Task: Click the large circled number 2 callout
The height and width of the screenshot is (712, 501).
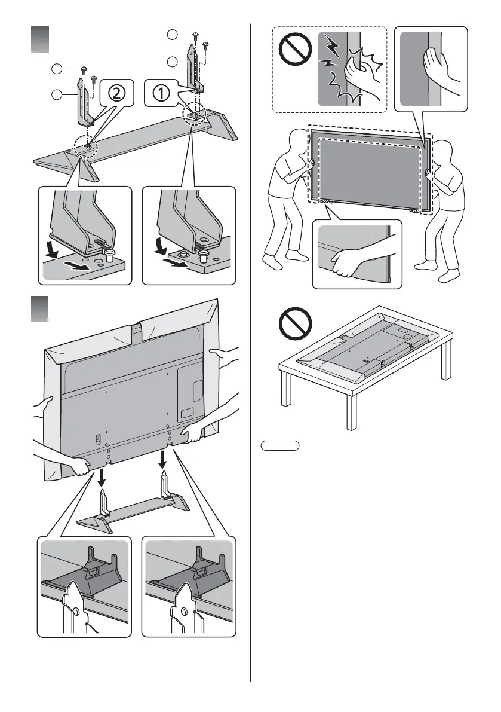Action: [x=117, y=93]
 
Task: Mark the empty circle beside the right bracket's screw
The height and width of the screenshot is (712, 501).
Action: [x=173, y=34]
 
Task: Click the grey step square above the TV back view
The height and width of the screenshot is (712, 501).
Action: [x=40, y=310]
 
